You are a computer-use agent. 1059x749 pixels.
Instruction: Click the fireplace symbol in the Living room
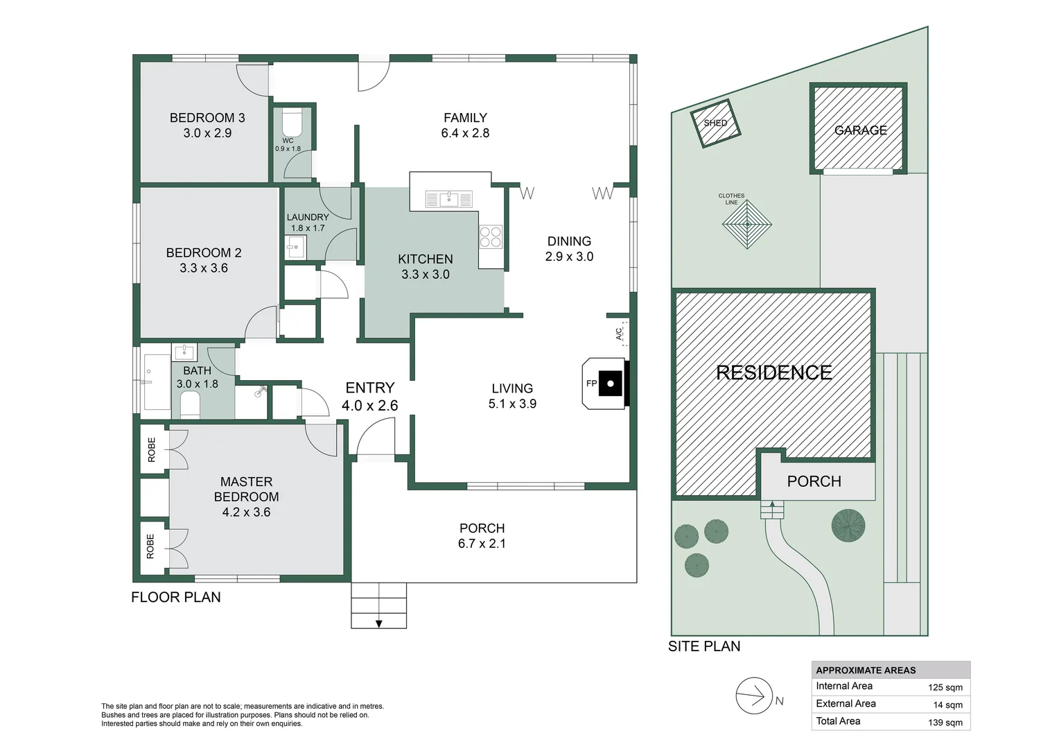click(x=606, y=384)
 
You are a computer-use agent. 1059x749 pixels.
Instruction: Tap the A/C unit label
click(x=619, y=334)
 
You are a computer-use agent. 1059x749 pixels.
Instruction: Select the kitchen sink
click(x=448, y=199)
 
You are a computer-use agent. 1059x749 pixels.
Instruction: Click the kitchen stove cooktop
click(x=490, y=236)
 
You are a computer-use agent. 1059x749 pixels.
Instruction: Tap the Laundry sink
click(x=296, y=247)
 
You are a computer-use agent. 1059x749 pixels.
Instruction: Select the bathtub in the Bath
click(x=157, y=381)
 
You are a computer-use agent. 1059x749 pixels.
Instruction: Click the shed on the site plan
click(x=715, y=123)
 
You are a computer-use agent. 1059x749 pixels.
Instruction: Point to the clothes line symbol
click(x=747, y=224)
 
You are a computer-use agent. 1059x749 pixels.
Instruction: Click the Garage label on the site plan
click(x=861, y=130)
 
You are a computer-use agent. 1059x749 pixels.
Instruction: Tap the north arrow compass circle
click(x=754, y=696)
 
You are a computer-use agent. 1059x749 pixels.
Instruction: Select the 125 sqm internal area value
click(x=945, y=687)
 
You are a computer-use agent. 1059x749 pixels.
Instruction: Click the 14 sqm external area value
click(x=948, y=705)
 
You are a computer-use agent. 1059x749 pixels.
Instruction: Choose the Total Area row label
click(x=838, y=721)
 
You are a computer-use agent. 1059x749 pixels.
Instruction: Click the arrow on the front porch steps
click(x=378, y=624)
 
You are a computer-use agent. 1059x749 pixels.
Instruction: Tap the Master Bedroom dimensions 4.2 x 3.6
click(x=246, y=512)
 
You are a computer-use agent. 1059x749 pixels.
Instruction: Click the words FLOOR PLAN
click(x=176, y=597)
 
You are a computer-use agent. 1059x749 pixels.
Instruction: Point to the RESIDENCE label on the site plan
click(x=774, y=373)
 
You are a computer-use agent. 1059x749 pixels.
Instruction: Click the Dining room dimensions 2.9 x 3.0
click(x=569, y=257)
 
